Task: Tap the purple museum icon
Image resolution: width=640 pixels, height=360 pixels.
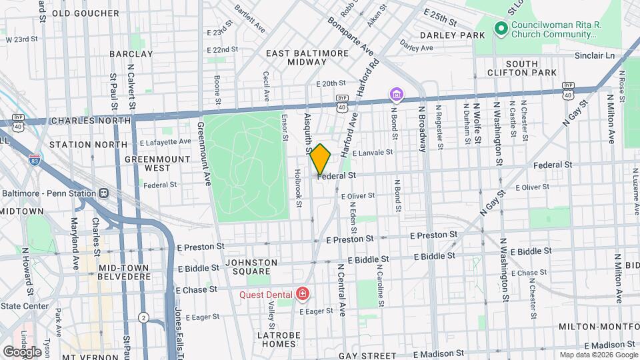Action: point(397,95)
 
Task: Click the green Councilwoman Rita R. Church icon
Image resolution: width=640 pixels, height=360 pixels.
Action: point(499,28)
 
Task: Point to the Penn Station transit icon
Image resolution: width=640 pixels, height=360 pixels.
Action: point(103,193)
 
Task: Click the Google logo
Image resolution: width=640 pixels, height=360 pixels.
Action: point(22,351)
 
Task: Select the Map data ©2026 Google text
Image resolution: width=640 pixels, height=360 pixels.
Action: point(599,355)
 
